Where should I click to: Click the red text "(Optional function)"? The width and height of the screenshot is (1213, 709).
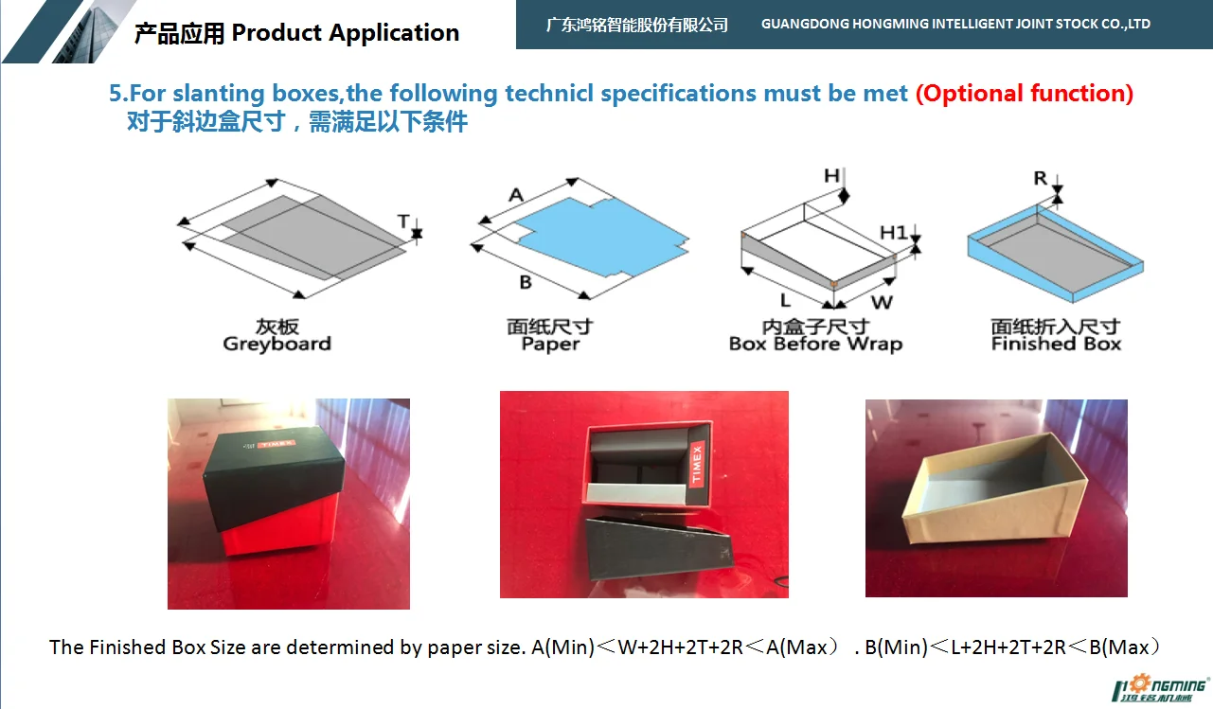pos(1024,94)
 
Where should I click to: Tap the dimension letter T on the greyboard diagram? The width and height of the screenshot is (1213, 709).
pos(403,222)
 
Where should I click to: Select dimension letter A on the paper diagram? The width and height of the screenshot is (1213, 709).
pos(515,195)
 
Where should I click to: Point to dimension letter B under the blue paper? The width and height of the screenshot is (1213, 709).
pos(526,282)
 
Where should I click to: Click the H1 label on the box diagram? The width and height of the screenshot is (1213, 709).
pos(893,233)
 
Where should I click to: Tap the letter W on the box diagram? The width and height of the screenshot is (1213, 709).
pos(881,303)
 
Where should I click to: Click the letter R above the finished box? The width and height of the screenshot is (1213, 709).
pos(1041,178)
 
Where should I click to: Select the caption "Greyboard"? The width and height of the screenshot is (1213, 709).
pos(276,345)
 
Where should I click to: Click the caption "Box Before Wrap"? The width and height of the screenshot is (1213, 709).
pos(814,345)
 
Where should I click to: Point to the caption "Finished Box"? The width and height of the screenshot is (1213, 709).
pos(1056,345)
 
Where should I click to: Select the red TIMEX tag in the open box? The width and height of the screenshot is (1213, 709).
pos(698,463)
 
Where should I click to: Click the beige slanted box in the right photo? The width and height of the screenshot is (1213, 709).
pos(994,502)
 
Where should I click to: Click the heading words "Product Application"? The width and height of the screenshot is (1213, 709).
pos(345,33)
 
